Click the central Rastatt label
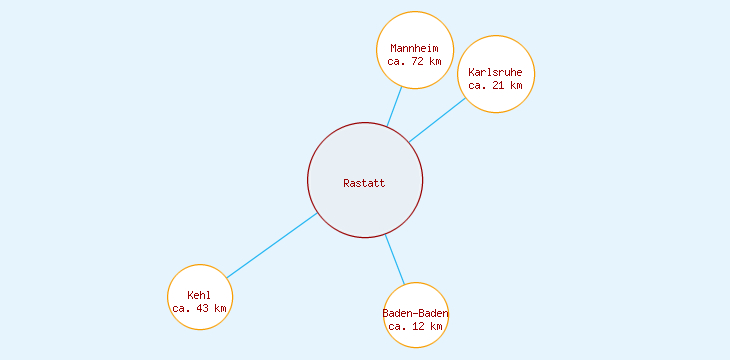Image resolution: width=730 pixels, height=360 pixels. (x=364, y=183)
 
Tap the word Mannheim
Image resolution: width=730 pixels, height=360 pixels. (x=414, y=48)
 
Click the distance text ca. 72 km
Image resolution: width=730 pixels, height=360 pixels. (x=414, y=61)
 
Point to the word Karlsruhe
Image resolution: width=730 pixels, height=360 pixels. (x=495, y=72)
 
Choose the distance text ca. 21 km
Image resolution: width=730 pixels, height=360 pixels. (x=495, y=85)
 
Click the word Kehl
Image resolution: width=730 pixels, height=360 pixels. (x=199, y=295)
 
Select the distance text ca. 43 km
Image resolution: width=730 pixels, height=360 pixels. (x=199, y=308)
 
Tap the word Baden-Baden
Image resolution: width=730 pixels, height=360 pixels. (x=415, y=314)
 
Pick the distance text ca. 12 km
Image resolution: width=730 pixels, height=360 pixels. (x=415, y=326)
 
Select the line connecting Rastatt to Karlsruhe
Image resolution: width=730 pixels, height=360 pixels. (x=437, y=119)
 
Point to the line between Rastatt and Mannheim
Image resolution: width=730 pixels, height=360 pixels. (x=395, y=106)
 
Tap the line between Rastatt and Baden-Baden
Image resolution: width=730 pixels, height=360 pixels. (x=394, y=259)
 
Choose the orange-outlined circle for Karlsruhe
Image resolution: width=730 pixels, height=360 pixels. (x=495, y=52)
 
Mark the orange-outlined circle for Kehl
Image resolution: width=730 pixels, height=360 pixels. (x=199, y=277)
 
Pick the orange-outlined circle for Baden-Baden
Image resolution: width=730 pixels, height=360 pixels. (x=415, y=297)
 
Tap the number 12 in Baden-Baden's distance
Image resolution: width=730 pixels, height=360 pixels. (x=418, y=326)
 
